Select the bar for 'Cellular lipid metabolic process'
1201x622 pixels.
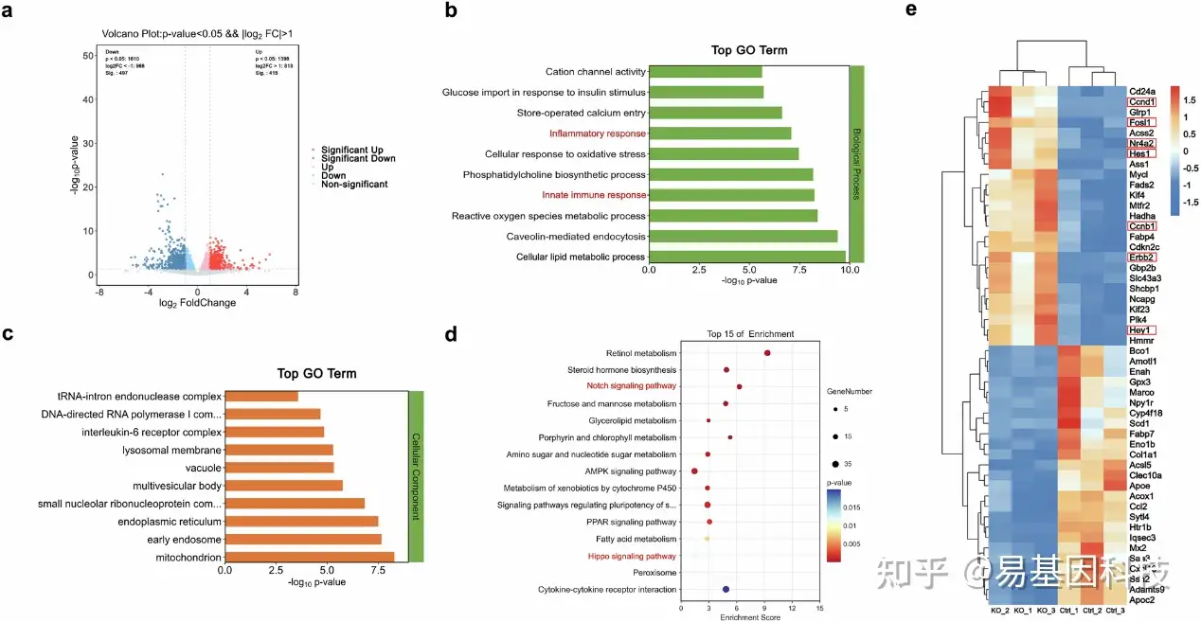point(746,257)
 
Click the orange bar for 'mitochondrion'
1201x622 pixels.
point(309,558)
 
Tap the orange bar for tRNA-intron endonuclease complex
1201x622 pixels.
point(260,396)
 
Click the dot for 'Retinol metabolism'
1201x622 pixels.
point(767,353)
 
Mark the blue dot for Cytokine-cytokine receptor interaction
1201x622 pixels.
point(726,590)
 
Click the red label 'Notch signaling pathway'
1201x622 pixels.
point(631,386)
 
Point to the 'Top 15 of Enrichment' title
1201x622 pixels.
point(750,334)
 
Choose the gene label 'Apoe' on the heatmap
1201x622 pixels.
point(1138,485)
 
